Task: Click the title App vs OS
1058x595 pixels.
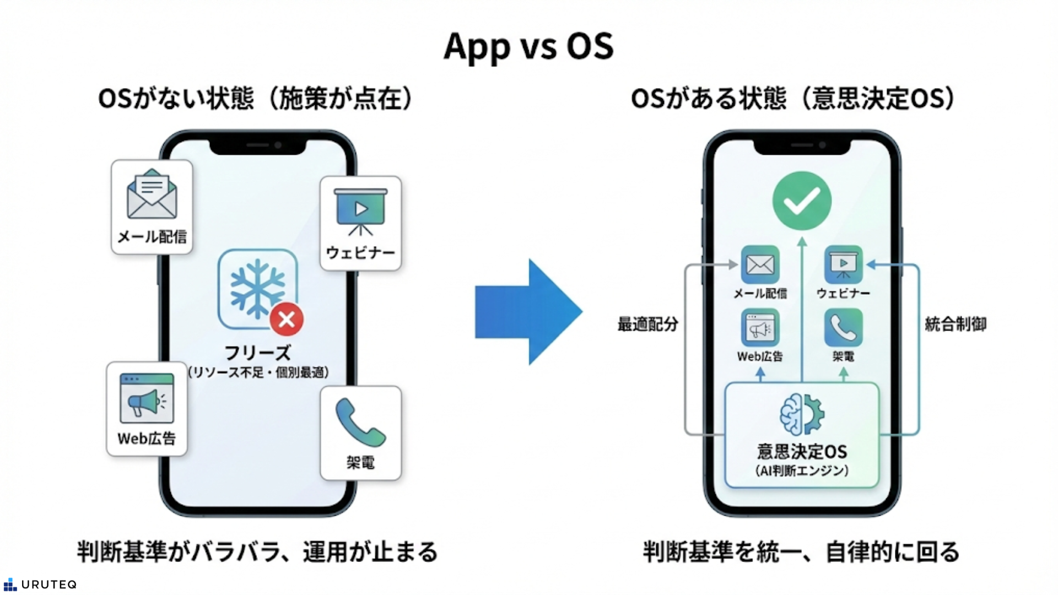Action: point(528,46)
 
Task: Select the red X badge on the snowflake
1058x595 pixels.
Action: point(287,319)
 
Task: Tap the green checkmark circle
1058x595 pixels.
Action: point(802,201)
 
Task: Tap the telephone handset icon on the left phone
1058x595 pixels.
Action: point(360,423)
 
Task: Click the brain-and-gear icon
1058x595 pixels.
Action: point(802,414)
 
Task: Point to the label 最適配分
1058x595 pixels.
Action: point(647,324)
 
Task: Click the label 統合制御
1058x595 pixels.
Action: point(956,324)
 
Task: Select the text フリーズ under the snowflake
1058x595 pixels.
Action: point(257,353)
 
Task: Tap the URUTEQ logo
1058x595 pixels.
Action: point(40,585)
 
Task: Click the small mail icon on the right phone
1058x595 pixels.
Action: point(760,265)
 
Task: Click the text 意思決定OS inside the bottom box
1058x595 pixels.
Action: point(802,452)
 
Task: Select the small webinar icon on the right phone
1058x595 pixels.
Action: point(843,265)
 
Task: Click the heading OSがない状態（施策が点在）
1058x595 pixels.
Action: point(256,99)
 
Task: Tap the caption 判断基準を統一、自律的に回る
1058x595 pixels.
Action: point(802,551)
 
